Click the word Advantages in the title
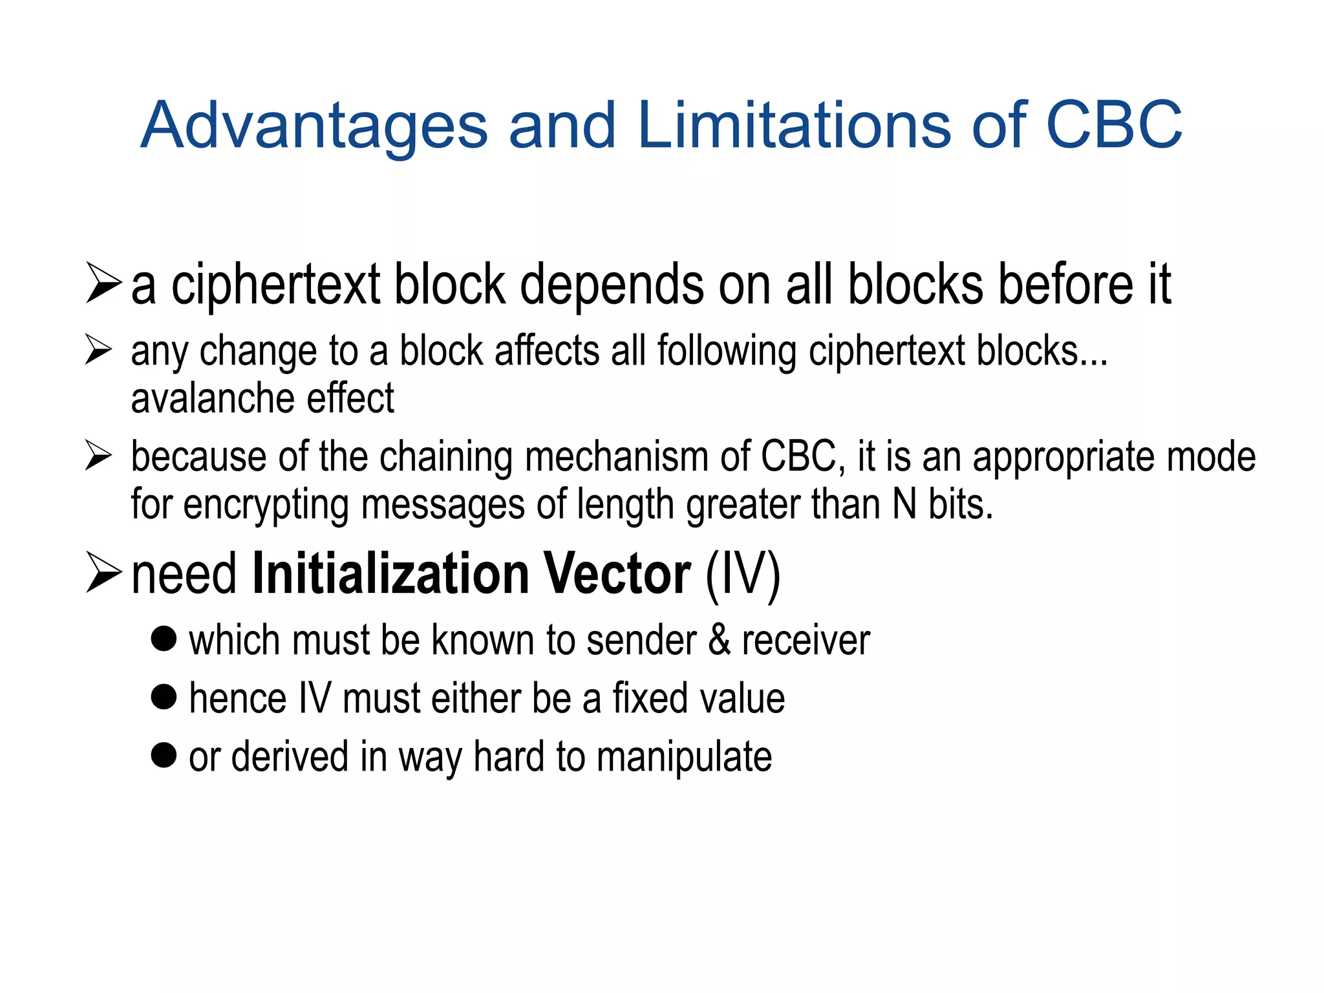click(314, 125)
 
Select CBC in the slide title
click(1114, 125)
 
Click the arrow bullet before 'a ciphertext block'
click(103, 284)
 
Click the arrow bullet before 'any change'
click(99, 350)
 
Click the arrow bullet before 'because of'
click(99, 456)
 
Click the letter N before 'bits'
click(904, 504)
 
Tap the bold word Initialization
click(390, 573)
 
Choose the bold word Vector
click(617, 573)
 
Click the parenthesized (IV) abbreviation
click(743, 575)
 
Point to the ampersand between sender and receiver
click(720, 641)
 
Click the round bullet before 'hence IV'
click(164, 698)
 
